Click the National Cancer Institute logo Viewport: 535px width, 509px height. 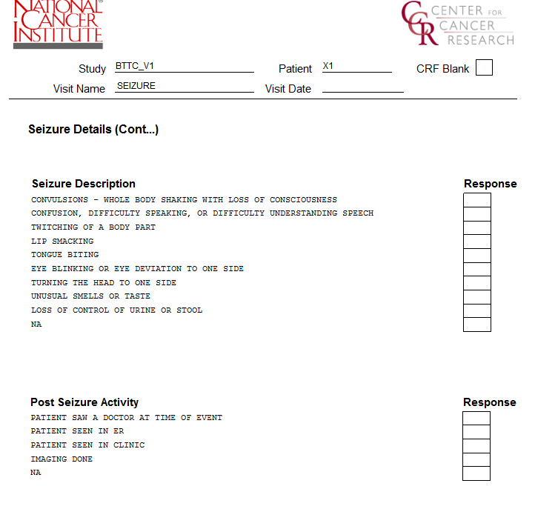pyautogui.click(x=58, y=24)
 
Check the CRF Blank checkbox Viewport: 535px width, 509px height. pyautogui.click(x=484, y=68)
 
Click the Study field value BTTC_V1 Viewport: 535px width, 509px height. pyautogui.click(x=135, y=67)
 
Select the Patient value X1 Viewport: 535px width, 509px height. pyautogui.click(x=328, y=67)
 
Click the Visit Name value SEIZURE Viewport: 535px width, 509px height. pyautogui.click(x=136, y=86)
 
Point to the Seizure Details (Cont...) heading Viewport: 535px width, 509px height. pyautogui.click(x=93, y=130)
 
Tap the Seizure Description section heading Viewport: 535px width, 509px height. pyautogui.click(x=84, y=184)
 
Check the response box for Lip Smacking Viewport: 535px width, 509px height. pyautogui.click(x=477, y=242)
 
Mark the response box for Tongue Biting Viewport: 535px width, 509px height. pyautogui.click(x=477, y=256)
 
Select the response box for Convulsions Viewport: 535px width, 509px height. pyautogui.click(x=477, y=200)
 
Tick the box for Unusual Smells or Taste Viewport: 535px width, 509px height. pyautogui.click(x=477, y=297)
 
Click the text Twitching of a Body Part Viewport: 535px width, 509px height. pyautogui.click(x=93, y=227)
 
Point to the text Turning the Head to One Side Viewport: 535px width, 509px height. pyautogui.click(x=104, y=283)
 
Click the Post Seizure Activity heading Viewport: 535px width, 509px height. pyautogui.click(x=84, y=402)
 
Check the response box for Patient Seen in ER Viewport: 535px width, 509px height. pyautogui.click(x=476, y=432)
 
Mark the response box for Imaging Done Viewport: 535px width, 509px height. pyautogui.click(x=476, y=459)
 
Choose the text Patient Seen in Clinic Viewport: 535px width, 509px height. pyautogui.click(x=87, y=445)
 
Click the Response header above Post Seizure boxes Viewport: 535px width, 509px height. pyautogui.click(x=489, y=402)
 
